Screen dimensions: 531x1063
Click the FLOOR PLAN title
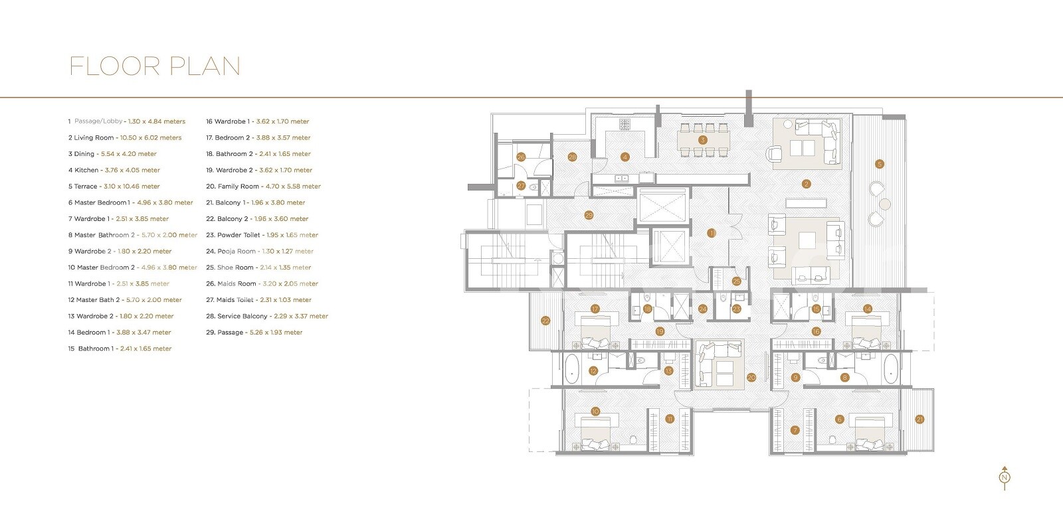(x=155, y=66)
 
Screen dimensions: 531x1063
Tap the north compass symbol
(x=1005, y=477)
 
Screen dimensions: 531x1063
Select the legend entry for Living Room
(x=124, y=138)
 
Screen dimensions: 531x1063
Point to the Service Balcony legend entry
(x=266, y=317)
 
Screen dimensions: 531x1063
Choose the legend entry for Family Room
(x=262, y=187)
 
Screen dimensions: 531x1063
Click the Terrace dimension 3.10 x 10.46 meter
(x=132, y=187)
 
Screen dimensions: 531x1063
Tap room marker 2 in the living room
(x=806, y=184)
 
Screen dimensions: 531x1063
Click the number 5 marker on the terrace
(x=879, y=164)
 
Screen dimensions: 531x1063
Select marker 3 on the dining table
(x=702, y=140)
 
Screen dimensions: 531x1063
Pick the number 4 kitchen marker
(x=625, y=157)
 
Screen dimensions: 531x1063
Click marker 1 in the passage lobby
(x=711, y=233)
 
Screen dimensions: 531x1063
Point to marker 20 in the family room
(x=751, y=378)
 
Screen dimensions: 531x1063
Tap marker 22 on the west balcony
(x=545, y=321)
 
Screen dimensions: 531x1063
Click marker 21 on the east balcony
(x=919, y=419)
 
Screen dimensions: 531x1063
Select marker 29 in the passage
(x=589, y=215)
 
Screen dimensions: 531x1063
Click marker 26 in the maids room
(x=521, y=157)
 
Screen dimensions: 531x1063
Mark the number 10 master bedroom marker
(x=595, y=412)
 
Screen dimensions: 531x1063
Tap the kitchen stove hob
(x=625, y=124)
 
